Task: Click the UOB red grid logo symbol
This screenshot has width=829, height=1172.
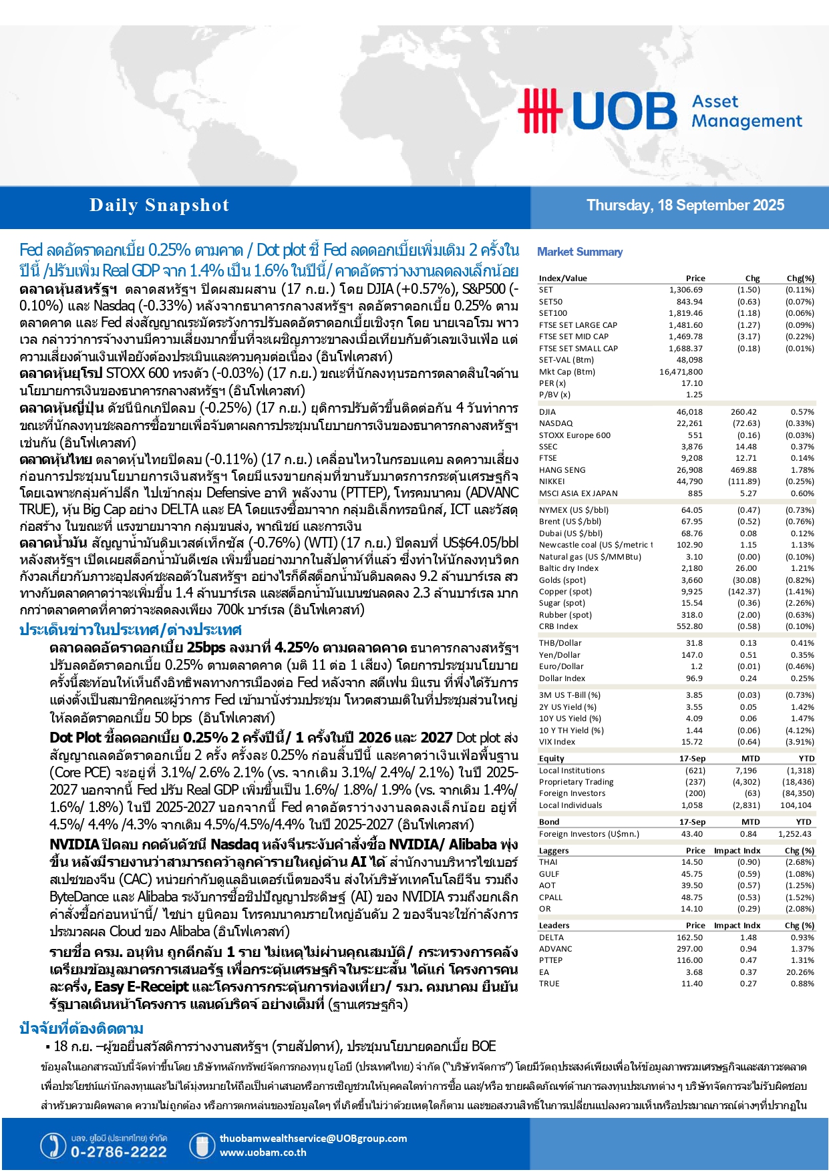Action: [x=540, y=110]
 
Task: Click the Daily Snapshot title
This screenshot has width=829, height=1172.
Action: [x=159, y=206]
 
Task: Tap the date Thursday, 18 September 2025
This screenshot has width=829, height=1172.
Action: [x=685, y=206]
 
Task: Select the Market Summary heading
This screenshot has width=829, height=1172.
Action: [x=580, y=252]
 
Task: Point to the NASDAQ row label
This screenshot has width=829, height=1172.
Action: [x=556, y=423]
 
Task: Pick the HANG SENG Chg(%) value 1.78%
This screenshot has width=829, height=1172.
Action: [x=802, y=470]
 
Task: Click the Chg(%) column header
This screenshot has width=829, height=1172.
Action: [x=800, y=278]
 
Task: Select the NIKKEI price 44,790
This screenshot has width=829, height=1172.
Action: [x=689, y=481]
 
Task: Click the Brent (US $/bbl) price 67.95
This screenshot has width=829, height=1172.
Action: [x=691, y=522]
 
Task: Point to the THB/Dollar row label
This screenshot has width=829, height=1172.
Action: [x=560, y=643]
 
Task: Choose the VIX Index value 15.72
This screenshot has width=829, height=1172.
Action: [x=691, y=742]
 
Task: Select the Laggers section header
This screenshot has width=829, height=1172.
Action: [x=554, y=851]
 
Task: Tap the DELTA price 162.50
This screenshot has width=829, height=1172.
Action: [x=689, y=938]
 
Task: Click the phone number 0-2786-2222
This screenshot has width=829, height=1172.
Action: [x=118, y=1152]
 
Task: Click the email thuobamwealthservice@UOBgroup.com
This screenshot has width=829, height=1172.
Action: [x=313, y=1139]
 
